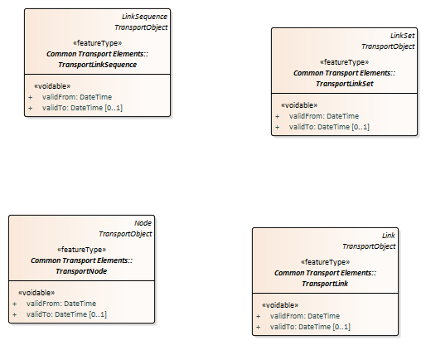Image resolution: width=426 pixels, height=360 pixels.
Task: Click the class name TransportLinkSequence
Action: pyautogui.click(x=98, y=65)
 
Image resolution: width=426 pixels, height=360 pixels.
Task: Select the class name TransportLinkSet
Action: pyautogui.click(x=345, y=84)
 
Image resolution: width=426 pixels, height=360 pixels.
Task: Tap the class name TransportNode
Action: pyautogui.click(x=81, y=271)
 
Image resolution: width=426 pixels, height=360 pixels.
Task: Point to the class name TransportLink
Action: pyautogui.click(x=325, y=284)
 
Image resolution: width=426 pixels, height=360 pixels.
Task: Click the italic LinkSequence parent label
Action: pyautogui.click(x=144, y=17)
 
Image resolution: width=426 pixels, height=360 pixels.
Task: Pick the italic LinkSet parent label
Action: pyautogui.click(x=402, y=36)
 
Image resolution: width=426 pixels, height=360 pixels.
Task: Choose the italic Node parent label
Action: pyautogui.click(x=143, y=223)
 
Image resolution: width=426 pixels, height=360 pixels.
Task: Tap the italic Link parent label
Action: pyautogui.click(x=389, y=236)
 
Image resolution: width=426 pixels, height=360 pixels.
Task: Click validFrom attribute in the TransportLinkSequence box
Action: pyautogui.click(x=77, y=97)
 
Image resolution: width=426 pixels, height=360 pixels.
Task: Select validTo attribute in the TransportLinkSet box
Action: pyautogui.click(x=329, y=127)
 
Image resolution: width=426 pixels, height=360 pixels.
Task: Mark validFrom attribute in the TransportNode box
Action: pyautogui.click(x=61, y=304)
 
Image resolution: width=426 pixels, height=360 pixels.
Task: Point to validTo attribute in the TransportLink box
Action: pyautogui.click(x=310, y=327)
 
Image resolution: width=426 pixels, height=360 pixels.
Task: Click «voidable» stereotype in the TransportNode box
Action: pyautogui.click(x=36, y=293)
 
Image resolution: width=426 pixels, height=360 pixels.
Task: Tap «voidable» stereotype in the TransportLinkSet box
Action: pyautogui.click(x=299, y=105)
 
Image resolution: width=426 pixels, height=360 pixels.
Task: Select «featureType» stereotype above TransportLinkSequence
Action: pyautogui.click(x=98, y=43)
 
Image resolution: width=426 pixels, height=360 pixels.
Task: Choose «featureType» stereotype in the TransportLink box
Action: pyautogui.click(x=325, y=262)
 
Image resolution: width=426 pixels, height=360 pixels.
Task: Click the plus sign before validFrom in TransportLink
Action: pyautogui.click(x=259, y=316)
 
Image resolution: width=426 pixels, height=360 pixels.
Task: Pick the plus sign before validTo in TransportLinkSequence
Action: pyautogui.click(x=31, y=108)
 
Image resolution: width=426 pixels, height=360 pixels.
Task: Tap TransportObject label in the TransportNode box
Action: pyautogui.click(x=125, y=234)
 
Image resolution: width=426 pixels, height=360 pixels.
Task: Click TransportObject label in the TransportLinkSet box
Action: pyautogui.click(x=388, y=46)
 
